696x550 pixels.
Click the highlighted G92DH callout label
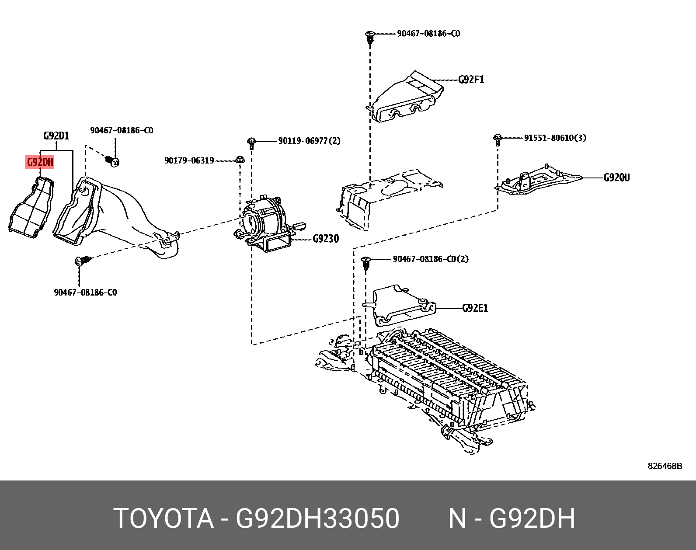coord(40,163)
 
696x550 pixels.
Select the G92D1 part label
coord(56,136)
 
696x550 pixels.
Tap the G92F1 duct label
coord(471,80)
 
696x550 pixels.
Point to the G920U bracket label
coord(616,178)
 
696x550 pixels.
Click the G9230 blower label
coord(326,239)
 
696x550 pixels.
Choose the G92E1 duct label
coord(475,308)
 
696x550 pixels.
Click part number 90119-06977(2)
coord(309,141)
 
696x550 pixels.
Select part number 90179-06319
coord(189,160)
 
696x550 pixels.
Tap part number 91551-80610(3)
coord(555,138)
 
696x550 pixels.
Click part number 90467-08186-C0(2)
coord(430,259)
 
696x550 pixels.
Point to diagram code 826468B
coord(665,466)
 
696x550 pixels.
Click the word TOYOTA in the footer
coord(164,519)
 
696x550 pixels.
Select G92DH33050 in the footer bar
coord(317,519)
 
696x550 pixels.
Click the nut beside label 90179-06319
coord(240,160)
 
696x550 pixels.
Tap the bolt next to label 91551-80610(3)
coord(498,139)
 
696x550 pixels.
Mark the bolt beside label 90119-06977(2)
coord(251,143)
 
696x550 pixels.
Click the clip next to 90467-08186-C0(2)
coord(366,263)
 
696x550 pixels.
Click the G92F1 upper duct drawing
coord(407,98)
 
